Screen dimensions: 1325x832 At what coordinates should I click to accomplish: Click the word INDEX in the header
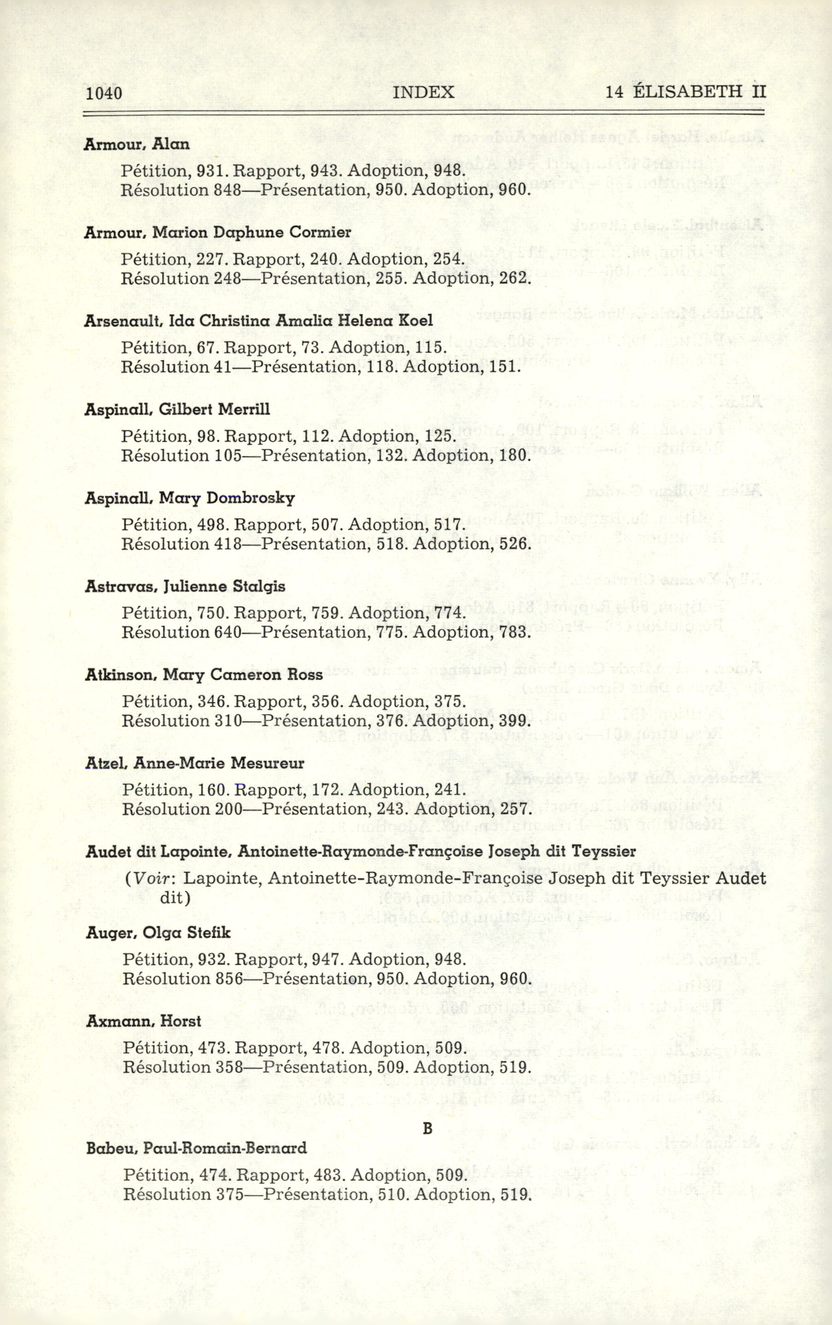(x=424, y=92)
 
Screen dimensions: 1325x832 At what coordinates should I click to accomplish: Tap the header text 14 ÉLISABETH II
(x=685, y=91)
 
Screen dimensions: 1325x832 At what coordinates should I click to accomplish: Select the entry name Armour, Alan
(x=137, y=144)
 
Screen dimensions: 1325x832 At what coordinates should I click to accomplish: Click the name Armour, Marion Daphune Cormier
(x=218, y=233)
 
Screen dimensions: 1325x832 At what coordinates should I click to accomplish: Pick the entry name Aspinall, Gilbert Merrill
(x=177, y=409)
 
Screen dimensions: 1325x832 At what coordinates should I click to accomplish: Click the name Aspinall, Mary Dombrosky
(x=190, y=498)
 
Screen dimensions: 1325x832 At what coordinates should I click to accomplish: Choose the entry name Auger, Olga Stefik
(x=158, y=933)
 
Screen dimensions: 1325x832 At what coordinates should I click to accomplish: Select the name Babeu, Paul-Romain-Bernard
(x=196, y=1148)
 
